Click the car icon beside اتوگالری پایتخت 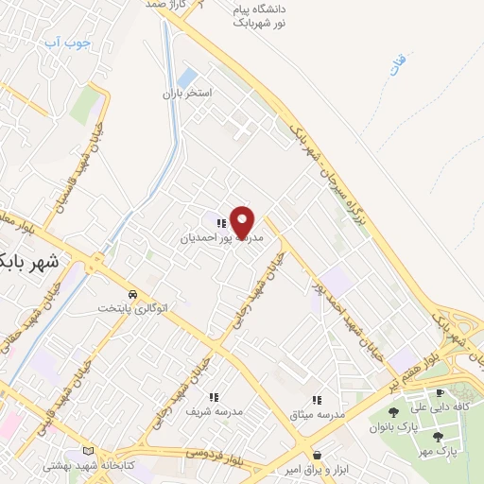134,294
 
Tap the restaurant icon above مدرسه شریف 215,397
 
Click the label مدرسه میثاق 318,415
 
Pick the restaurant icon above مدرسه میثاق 318,401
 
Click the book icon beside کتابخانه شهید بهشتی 90,452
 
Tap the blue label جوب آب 67,43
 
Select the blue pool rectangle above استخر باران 187,77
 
